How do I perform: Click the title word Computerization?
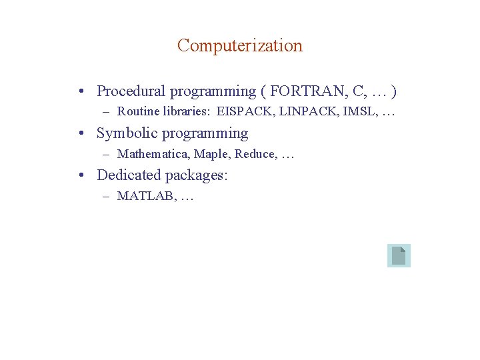pyautogui.click(x=240, y=46)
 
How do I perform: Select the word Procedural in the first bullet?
pyautogui.click(x=130, y=91)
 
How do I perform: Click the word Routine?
pyautogui.click(x=138, y=113)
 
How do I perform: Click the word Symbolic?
pyautogui.click(x=125, y=133)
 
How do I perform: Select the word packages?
pyautogui.click(x=196, y=176)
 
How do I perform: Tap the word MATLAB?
pyautogui.click(x=145, y=197)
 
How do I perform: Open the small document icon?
pyautogui.click(x=399, y=256)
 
